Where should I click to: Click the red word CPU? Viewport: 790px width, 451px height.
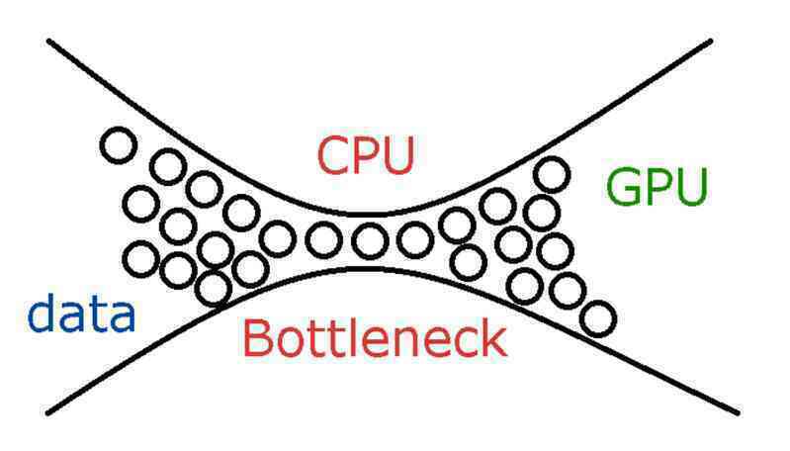[x=366, y=155]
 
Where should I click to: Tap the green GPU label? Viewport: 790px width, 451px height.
[x=657, y=187]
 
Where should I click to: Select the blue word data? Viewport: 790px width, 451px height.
[x=81, y=313]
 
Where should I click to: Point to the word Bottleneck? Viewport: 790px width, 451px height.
[x=375, y=338]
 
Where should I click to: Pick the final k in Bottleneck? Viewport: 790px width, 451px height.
[x=493, y=338]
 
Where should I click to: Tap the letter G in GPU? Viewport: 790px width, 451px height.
[x=623, y=187]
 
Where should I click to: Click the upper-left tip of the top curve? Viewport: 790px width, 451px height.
[x=48, y=41]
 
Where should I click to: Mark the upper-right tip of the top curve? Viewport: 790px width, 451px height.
[x=710, y=41]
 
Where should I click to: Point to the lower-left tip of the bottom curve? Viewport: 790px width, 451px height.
[x=47, y=413]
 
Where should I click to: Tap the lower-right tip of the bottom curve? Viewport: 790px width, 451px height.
[x=739, y=413]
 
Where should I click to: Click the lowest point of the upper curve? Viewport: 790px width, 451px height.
[x=371, y=215]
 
